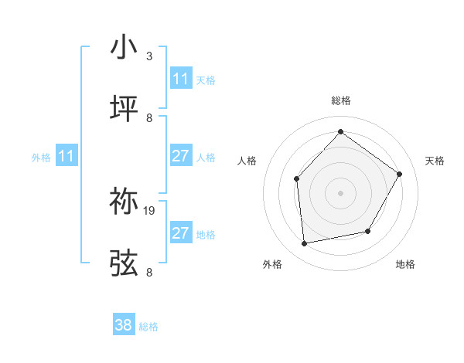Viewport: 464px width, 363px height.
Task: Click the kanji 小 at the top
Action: (124, 48)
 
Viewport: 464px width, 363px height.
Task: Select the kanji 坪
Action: (124, 110)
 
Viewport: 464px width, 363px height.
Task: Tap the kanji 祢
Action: (124, 202)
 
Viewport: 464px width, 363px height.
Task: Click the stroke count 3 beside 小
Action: (148, 56)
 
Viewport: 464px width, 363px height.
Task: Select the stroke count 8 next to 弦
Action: (148, 273)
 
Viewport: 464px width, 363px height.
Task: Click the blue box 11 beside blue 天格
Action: (181, 79)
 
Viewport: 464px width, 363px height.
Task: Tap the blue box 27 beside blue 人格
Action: (181, 156)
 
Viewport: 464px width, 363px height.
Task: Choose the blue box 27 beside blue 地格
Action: (181, 233)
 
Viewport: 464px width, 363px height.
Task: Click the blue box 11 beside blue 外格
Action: (67, 156)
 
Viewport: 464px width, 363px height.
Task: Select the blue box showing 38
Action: (124, 325)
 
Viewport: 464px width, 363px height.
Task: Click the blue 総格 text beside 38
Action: (148, 327)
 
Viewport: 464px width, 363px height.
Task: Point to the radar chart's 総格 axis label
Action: (340, 100)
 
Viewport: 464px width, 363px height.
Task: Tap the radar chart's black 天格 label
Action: (435, 161)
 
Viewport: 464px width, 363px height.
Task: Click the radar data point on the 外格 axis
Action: (305, 243)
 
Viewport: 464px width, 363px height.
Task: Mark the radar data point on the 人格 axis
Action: (297, 179)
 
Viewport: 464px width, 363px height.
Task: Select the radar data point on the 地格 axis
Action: (368, 231)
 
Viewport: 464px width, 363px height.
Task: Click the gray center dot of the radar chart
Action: (340, 193)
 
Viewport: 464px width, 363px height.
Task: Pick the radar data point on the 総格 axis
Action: (340, 132)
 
